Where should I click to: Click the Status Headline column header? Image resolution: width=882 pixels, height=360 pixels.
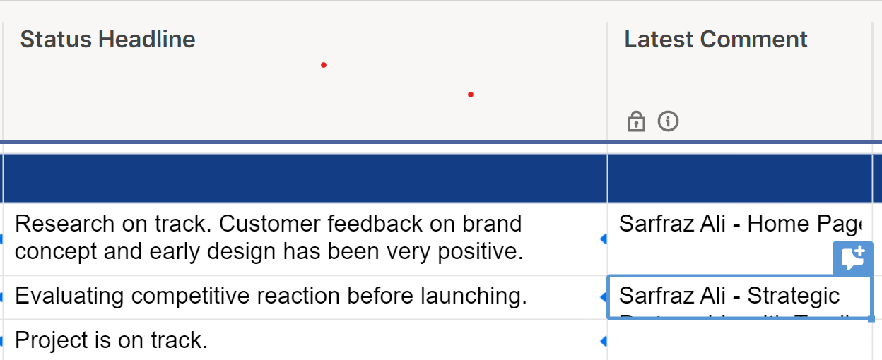tap(107, 40)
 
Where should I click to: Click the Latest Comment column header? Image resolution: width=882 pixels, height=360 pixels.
tap(715, 40)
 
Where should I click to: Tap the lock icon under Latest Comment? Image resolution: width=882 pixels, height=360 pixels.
tap(636, 121)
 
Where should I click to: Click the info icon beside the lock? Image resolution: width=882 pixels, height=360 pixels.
tap(668, 121)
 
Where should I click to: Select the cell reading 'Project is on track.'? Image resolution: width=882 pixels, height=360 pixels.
tap(111, 341)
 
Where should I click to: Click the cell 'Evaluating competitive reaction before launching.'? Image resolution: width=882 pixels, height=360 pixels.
tap(271, 296)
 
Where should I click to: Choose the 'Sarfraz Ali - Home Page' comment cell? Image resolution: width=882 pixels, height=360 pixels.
tap(739, 224)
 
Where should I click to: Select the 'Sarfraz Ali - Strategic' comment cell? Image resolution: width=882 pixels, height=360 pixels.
tap(729, 296)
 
